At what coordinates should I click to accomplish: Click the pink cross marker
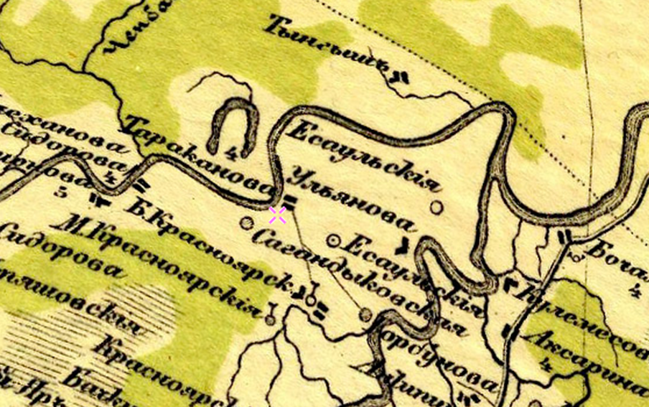coord(277,215)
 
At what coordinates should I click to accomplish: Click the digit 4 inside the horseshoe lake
coord(232,151)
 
